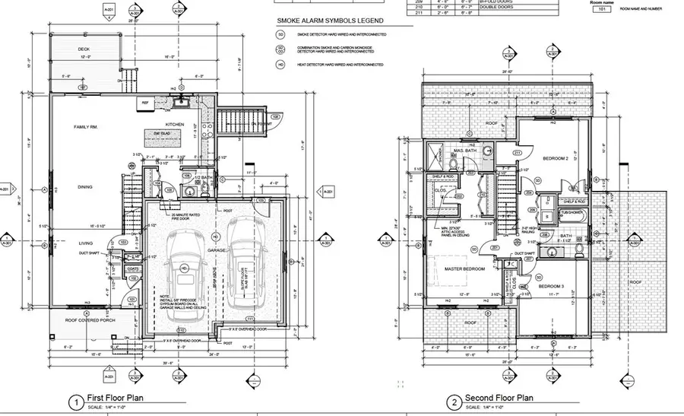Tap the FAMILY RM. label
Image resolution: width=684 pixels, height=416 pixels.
[88, 126]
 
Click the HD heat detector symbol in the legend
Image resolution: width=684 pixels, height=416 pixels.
[281, 65]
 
